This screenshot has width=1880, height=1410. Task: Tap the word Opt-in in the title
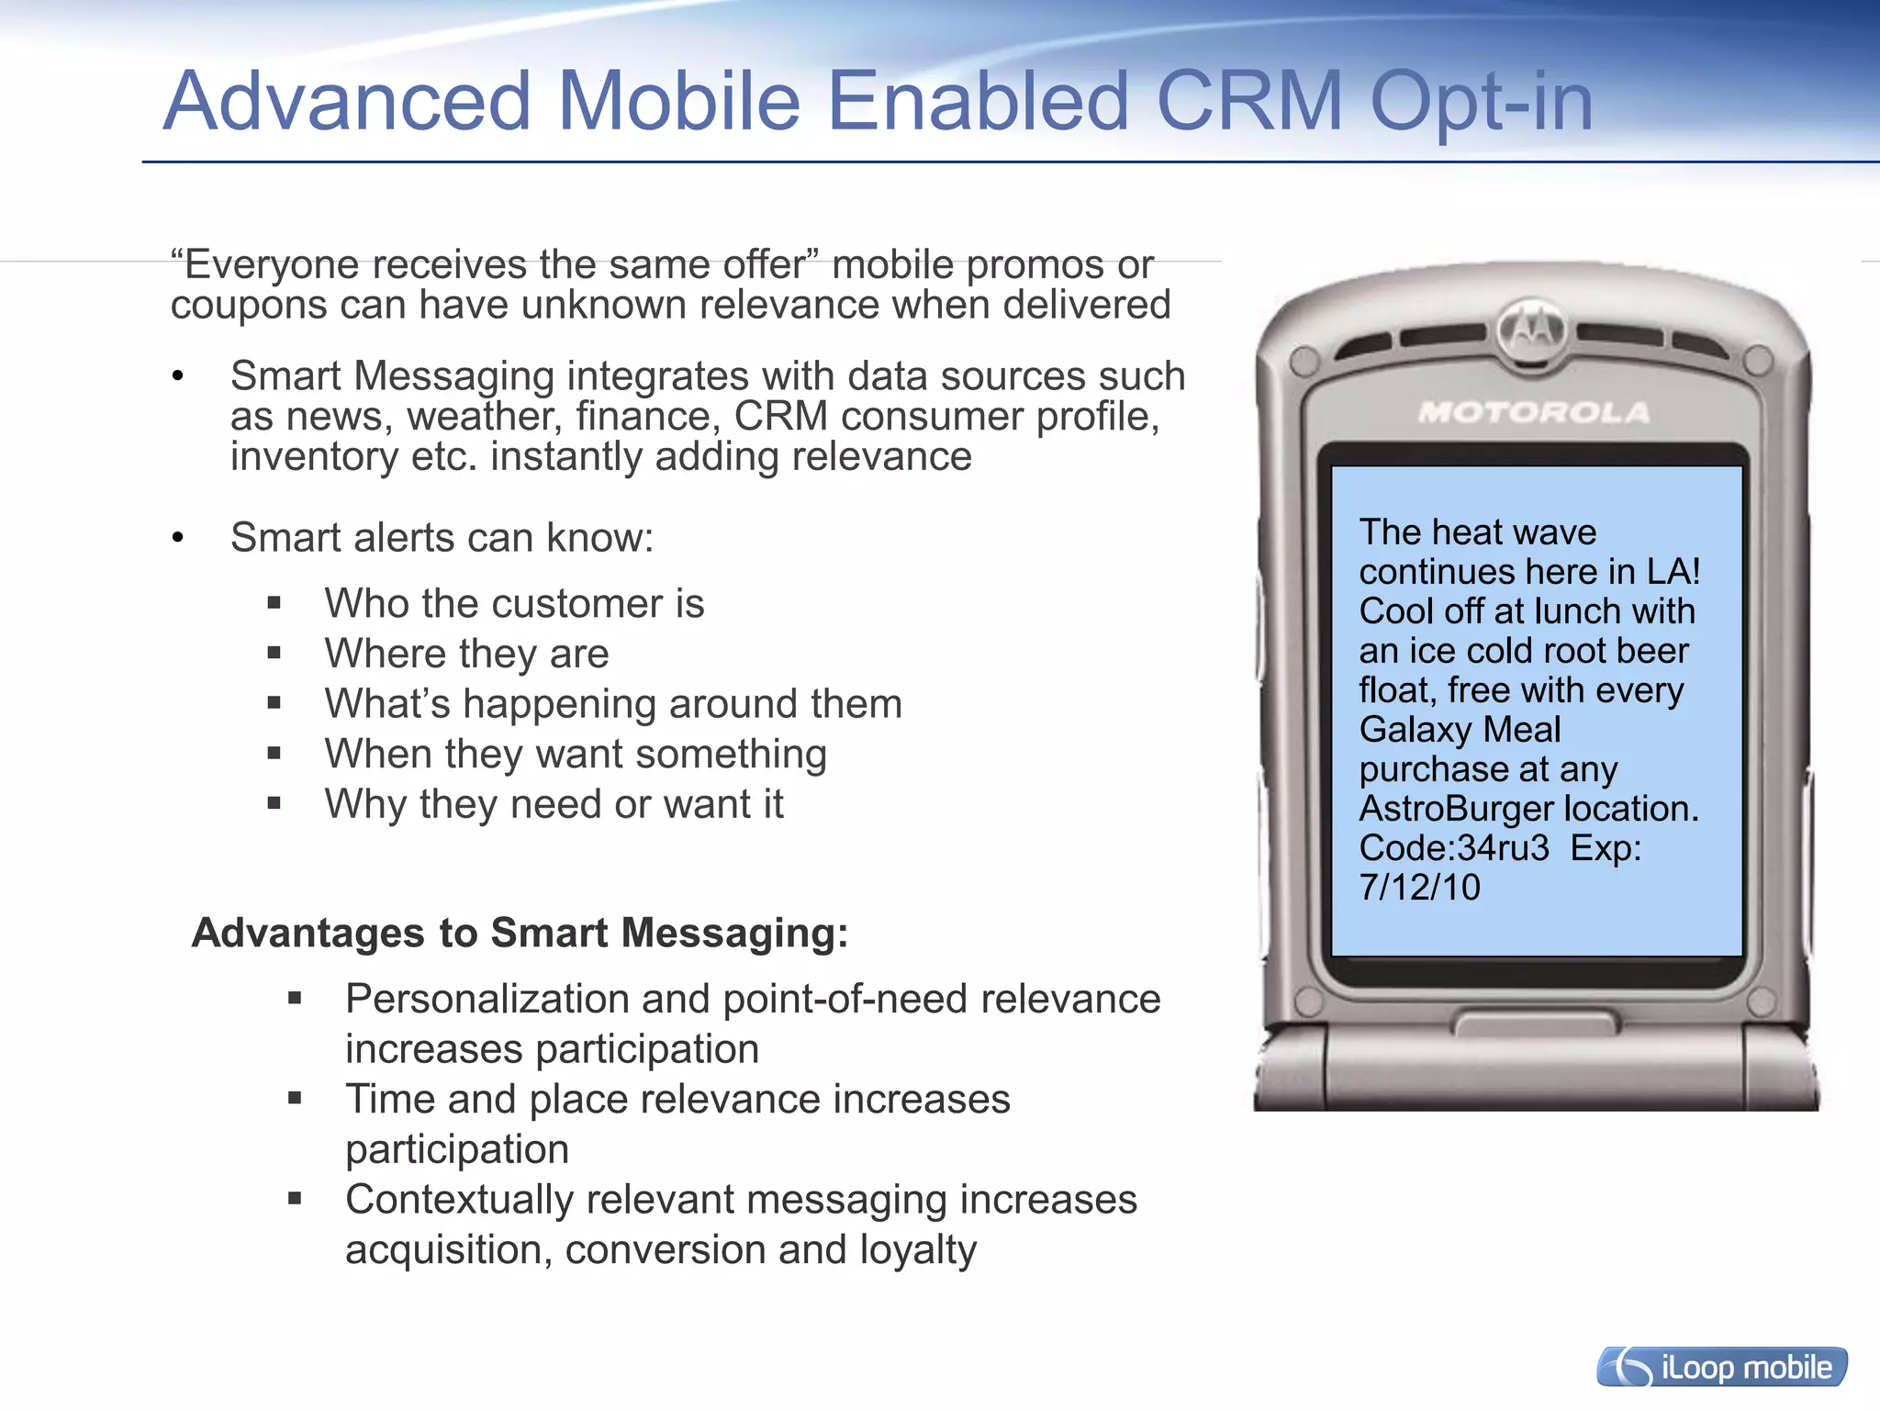[1481, 103]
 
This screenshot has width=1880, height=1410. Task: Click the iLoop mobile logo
[1722, 1367]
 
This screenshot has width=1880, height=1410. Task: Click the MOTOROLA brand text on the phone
[1534, 412]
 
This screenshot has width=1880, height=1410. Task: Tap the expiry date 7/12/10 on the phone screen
[1419, 888]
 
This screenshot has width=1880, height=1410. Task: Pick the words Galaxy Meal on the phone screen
[1460, 730]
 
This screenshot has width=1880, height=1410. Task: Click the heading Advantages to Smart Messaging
[520, 933]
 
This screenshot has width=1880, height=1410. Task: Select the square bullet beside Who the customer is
[274, 604]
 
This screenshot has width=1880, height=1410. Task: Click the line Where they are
[466, 654]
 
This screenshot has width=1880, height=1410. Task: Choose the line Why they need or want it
[554, 804]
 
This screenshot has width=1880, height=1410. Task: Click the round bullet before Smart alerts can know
[178, 538]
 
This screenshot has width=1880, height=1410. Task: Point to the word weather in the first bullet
[484, 417]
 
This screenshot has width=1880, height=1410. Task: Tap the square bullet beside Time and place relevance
[295, 1098]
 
